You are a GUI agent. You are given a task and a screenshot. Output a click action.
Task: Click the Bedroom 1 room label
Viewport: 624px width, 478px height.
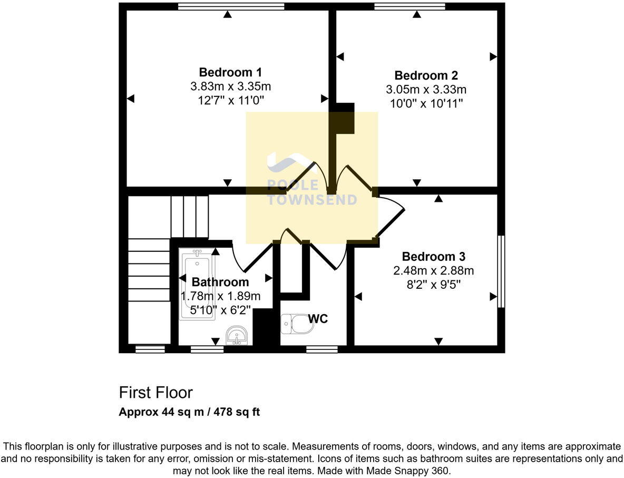230,72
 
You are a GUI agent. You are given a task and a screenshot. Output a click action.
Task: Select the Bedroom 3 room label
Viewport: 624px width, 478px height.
433,257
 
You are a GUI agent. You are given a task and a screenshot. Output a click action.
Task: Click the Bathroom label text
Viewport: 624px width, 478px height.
220,282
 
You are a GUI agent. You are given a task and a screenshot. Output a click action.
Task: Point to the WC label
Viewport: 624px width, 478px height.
318,319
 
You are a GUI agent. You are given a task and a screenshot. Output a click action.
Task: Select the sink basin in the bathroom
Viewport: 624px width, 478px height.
237,335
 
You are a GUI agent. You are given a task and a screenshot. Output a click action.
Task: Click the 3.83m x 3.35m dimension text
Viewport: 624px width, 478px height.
230,86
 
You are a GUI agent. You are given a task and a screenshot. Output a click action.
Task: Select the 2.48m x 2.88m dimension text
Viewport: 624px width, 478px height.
433,271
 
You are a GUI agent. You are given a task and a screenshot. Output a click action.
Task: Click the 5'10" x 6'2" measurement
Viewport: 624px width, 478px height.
220,310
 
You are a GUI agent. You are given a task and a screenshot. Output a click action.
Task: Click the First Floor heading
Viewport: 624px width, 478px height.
155,393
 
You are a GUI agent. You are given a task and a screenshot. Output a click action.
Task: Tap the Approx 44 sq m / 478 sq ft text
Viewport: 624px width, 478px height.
189,412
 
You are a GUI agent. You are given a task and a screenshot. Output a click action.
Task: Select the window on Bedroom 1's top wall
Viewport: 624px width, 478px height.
231,6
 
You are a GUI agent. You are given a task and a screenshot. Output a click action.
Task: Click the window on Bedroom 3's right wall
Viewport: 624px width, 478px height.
501,271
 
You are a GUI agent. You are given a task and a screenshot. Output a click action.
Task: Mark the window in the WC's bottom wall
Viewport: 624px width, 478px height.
321,349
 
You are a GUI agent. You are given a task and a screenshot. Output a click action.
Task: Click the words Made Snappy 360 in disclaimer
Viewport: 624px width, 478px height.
414,471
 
